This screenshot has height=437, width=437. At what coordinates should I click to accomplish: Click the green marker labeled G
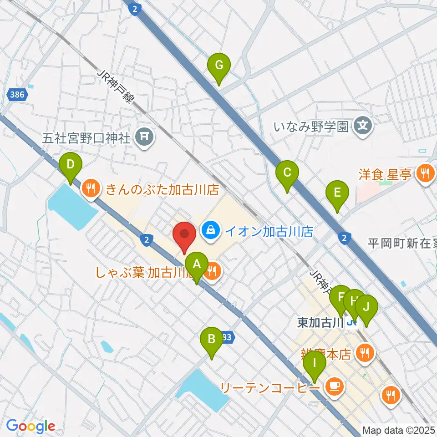[x=219, y=66]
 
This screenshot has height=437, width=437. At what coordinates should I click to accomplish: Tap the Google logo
[x=31, y=426]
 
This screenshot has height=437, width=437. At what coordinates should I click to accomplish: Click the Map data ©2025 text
[x=399, y=430]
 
